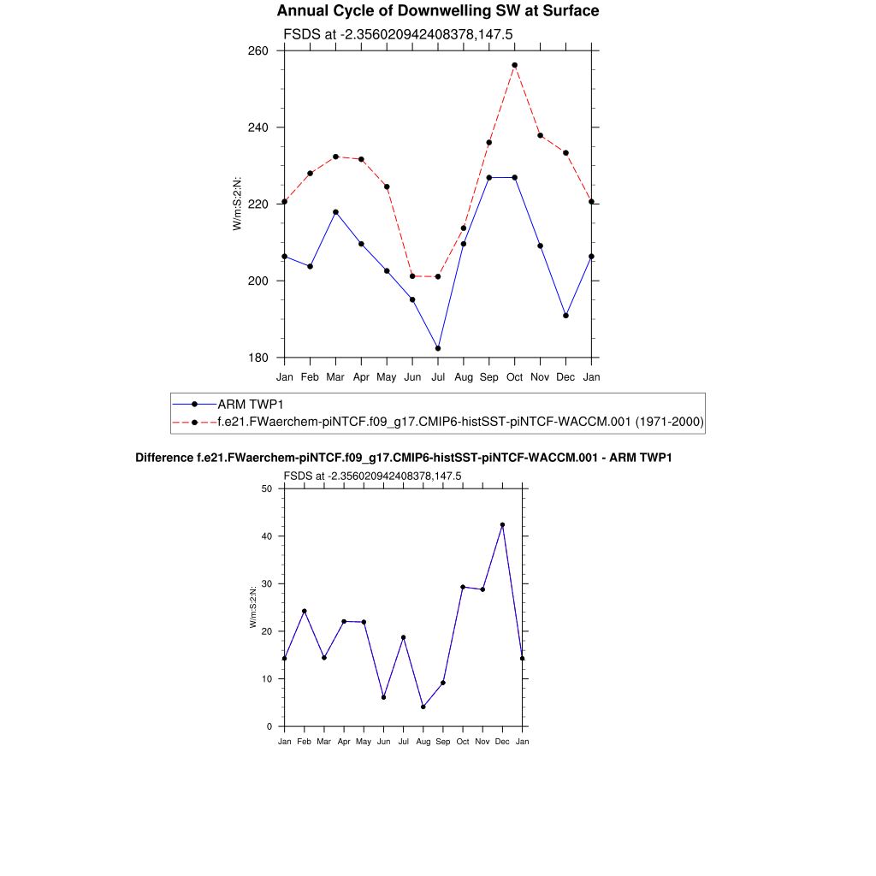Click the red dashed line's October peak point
pos(514,65)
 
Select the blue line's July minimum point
pos(438,348)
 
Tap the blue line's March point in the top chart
pos(335,212)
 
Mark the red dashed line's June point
pos(412,276)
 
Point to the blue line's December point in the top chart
pos(565,316)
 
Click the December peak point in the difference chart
pos(502,525)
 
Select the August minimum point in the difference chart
pos(423,707)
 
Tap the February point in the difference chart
pos(304,612)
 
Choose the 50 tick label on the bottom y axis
pos(267,489)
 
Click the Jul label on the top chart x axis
pos(438,376)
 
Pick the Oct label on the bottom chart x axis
pos(463,742)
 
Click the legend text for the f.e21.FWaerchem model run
pos(460,422)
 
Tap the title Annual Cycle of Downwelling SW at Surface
pos(438,11)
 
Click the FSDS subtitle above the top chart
pos(398,34)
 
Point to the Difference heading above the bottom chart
pos(404,458)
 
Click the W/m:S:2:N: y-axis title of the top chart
pos(238,204)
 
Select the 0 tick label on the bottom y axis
pos(269,727)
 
